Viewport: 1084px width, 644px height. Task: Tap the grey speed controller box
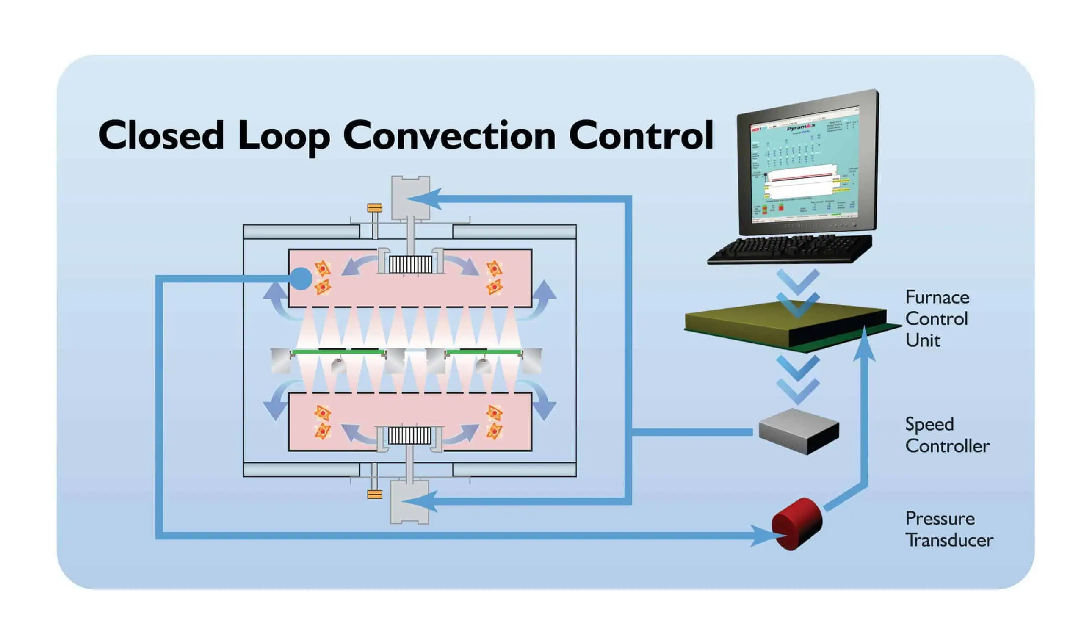[799, 431]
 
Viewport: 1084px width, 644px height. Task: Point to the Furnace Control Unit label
[937, 318]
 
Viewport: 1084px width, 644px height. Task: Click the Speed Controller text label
[946, 435]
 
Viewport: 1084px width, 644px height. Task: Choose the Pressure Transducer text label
[948, 529]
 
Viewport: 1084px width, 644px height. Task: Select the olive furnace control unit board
[785, 323]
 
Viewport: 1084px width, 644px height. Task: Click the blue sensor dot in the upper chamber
[301, 278]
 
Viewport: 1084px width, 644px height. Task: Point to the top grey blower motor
[410, 197]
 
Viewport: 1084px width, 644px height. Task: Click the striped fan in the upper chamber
[410, 264]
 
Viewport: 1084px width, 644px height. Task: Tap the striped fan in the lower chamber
[409, 435]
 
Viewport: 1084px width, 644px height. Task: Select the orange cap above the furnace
[374, 208]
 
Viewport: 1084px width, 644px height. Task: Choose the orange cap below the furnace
[374, 494]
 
